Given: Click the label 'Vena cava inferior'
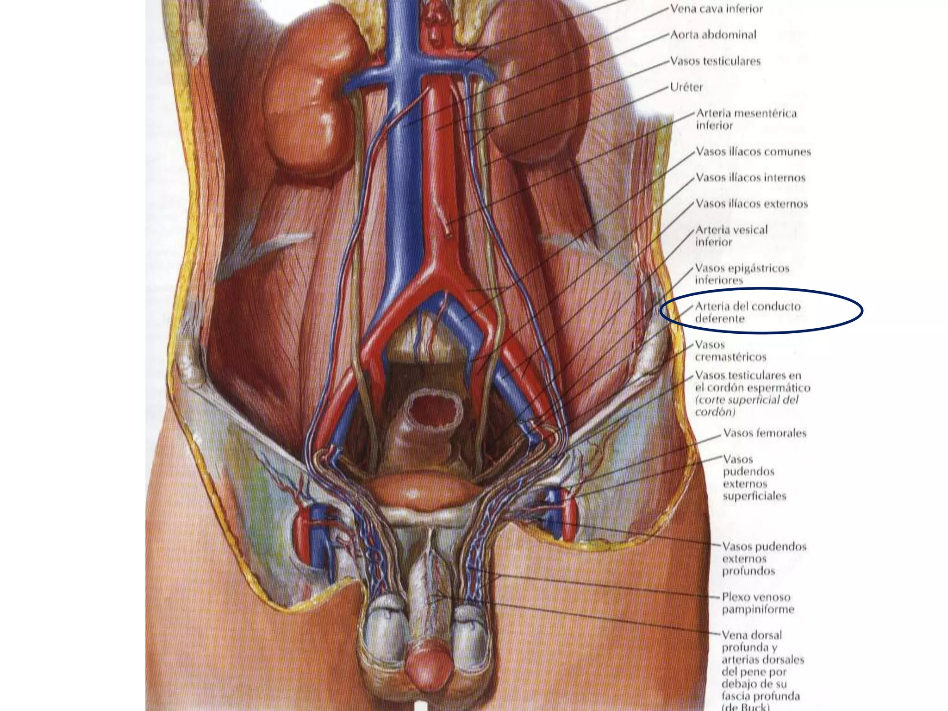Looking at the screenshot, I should click(716, 9).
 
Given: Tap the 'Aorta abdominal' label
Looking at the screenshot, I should click(713, 35).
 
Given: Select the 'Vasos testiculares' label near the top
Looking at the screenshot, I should click(715, 61).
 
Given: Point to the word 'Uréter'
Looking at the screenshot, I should click(686, 87).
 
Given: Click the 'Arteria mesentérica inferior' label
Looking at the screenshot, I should click(746, 119).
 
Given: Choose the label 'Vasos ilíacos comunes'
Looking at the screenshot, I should click(753, 152).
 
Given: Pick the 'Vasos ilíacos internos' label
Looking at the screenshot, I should click(750, 178).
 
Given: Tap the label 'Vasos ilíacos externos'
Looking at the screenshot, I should click(752, 204).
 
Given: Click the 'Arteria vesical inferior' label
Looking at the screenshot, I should click(731, 236).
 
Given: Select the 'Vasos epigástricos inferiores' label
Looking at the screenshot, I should click(742, 274).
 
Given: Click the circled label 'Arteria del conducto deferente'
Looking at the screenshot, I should click(747, 312).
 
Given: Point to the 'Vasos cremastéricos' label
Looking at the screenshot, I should click(730, 351).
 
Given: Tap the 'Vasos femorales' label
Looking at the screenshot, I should click(764, 433).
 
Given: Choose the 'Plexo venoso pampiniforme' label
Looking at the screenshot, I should click(757, 603).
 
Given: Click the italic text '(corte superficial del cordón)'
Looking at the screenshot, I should click(747, 406).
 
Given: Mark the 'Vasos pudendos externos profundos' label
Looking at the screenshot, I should click(764, 559).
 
